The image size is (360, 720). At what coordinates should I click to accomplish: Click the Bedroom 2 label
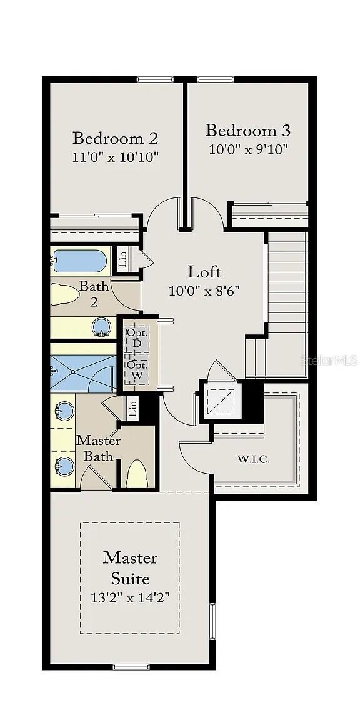115,137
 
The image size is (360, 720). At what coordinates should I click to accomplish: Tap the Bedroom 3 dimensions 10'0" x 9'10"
248,150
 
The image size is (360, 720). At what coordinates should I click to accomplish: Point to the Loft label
204,272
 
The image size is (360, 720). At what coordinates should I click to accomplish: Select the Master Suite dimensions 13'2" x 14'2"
130,597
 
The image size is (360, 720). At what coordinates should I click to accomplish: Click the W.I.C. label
254,458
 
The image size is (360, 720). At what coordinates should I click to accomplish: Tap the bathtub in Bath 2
79,261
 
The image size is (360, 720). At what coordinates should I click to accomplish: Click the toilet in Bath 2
64,295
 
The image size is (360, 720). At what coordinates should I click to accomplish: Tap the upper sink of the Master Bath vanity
64,411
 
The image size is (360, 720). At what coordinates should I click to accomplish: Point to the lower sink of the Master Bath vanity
64,466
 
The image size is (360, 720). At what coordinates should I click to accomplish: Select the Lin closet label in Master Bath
133,408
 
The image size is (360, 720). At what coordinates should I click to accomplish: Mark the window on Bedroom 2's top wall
155,79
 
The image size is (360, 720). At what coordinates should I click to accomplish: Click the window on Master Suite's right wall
212,621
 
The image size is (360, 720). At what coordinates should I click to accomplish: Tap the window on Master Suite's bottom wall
131,667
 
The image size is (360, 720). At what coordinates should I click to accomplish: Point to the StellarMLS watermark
329,360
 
